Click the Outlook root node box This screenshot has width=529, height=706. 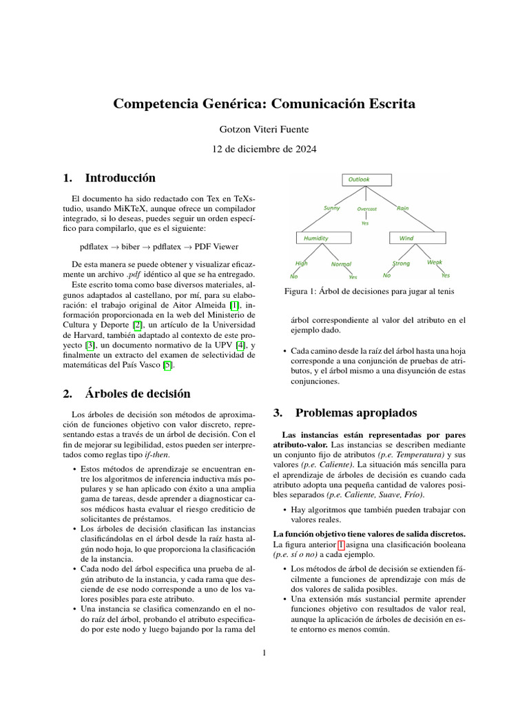point(366,180)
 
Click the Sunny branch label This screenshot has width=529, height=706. point(331,208)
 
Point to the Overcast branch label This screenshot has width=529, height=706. point(366,208)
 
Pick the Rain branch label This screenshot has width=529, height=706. point(403,207)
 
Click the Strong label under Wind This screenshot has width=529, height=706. point(401,263)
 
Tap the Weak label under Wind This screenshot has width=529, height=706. point(434,262)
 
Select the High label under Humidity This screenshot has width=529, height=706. point(302,263)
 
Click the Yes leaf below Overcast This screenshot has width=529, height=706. point(365,223)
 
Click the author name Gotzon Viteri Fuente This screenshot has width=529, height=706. point(264,129)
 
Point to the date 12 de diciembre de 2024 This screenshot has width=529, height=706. point(264,149)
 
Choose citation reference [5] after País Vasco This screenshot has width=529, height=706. point(167,365)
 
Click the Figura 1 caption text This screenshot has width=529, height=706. point(369,292)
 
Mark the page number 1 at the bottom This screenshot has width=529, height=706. point(264,654)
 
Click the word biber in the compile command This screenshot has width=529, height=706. point(130,245)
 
